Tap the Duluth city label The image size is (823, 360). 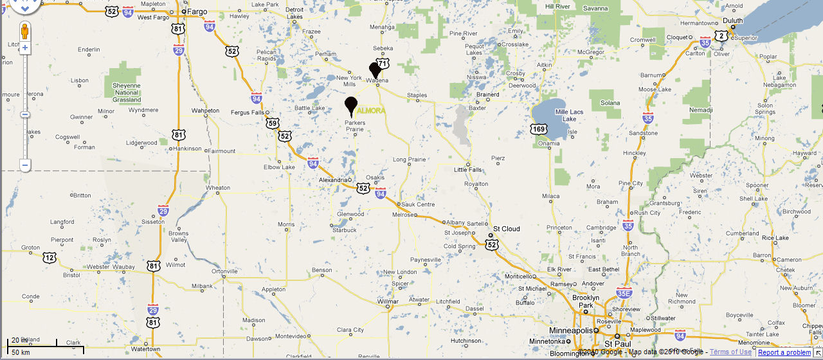(732, 21)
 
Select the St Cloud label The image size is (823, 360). (506, 229)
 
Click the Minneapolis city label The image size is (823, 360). (570, 330)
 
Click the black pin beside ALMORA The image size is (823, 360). (350, 105)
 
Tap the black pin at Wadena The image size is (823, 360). (375, 70)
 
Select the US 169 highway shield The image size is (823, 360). (539, 129)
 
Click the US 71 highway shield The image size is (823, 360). (383, 64)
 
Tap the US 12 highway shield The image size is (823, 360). (50, 257)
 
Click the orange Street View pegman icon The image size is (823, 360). (25, 31)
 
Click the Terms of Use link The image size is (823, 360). (730, 352)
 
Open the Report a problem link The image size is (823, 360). (784, 352)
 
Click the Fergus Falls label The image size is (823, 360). (248, 113)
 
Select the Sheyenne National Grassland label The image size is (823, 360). (126, 93)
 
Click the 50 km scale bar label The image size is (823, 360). (21, 352)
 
